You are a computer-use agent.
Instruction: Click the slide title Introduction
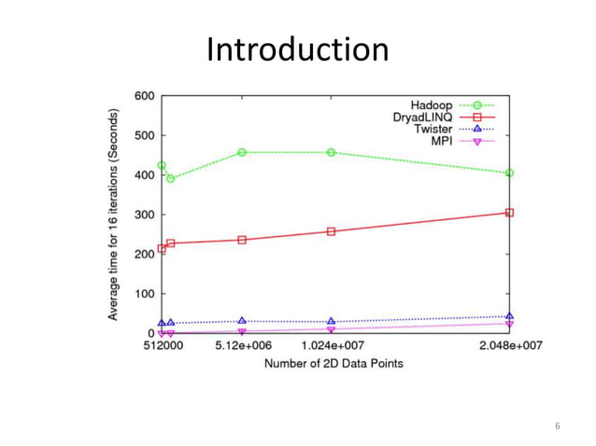(x=297, y=49)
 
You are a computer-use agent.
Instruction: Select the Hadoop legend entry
(x=433, y=106)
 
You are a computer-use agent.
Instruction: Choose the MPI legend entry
(x=440, y=141)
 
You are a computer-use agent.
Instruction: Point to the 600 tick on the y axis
(x=144, y=96)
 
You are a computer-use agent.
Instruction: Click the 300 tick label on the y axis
(x=144, y=215)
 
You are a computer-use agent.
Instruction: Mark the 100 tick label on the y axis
(x=144, y=294)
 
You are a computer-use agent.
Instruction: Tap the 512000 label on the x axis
(x=162, y=346)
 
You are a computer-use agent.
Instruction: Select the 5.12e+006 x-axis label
(x=242, y=346)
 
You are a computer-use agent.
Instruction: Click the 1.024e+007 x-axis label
(x=332, y=346)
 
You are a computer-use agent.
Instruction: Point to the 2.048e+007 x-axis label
(x=510, y=346)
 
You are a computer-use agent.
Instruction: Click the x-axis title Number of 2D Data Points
(x=333, y=362)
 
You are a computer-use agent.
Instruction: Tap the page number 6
(x=557, y=426)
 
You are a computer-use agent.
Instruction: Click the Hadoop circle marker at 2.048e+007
(x=509, y=173)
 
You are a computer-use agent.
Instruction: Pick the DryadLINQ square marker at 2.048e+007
(x=509, y=213)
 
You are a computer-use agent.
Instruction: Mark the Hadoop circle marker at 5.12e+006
(x=242, y=152)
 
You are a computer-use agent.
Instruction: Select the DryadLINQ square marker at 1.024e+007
(x=332, y=231)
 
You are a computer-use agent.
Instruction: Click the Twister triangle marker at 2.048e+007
(x=509, y=316)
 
